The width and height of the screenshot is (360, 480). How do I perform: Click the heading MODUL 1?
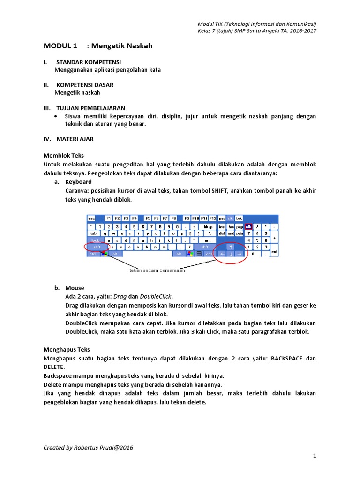(60, 46)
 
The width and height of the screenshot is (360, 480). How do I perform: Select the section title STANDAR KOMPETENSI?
(89, 62)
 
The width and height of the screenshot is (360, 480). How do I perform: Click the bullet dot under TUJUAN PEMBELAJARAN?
(56, 116)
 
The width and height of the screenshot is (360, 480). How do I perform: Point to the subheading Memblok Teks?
(64, 155)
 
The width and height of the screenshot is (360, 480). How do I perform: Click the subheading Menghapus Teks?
(67, 349)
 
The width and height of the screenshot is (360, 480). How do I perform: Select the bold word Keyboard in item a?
(78, 182)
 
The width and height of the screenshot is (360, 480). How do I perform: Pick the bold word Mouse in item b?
(75, 288)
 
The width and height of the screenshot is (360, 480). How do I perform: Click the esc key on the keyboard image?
(91, 218)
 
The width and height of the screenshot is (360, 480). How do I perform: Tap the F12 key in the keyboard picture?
(212, 218)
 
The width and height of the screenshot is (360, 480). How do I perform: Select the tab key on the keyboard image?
(93, 233)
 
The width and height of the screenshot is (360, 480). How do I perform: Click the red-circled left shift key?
(97, 247)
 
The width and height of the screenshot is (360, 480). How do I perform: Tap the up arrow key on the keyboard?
(231, 247)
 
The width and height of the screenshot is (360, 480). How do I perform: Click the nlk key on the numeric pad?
(248, 226)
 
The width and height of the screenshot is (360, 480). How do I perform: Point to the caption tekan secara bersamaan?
(157, 270)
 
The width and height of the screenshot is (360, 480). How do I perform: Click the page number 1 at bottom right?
(315, 456)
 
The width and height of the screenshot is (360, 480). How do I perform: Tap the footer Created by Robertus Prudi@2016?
(88, 448)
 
